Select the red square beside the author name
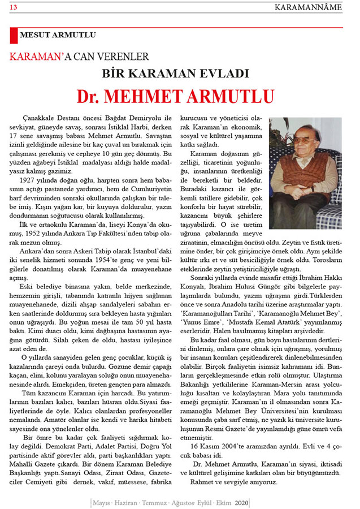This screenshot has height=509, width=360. coord(14,35)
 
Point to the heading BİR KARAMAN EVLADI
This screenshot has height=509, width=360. coord(176,74)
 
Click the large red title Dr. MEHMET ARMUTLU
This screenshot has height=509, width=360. coord(176,96)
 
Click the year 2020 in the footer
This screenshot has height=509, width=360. coord(242,502)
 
